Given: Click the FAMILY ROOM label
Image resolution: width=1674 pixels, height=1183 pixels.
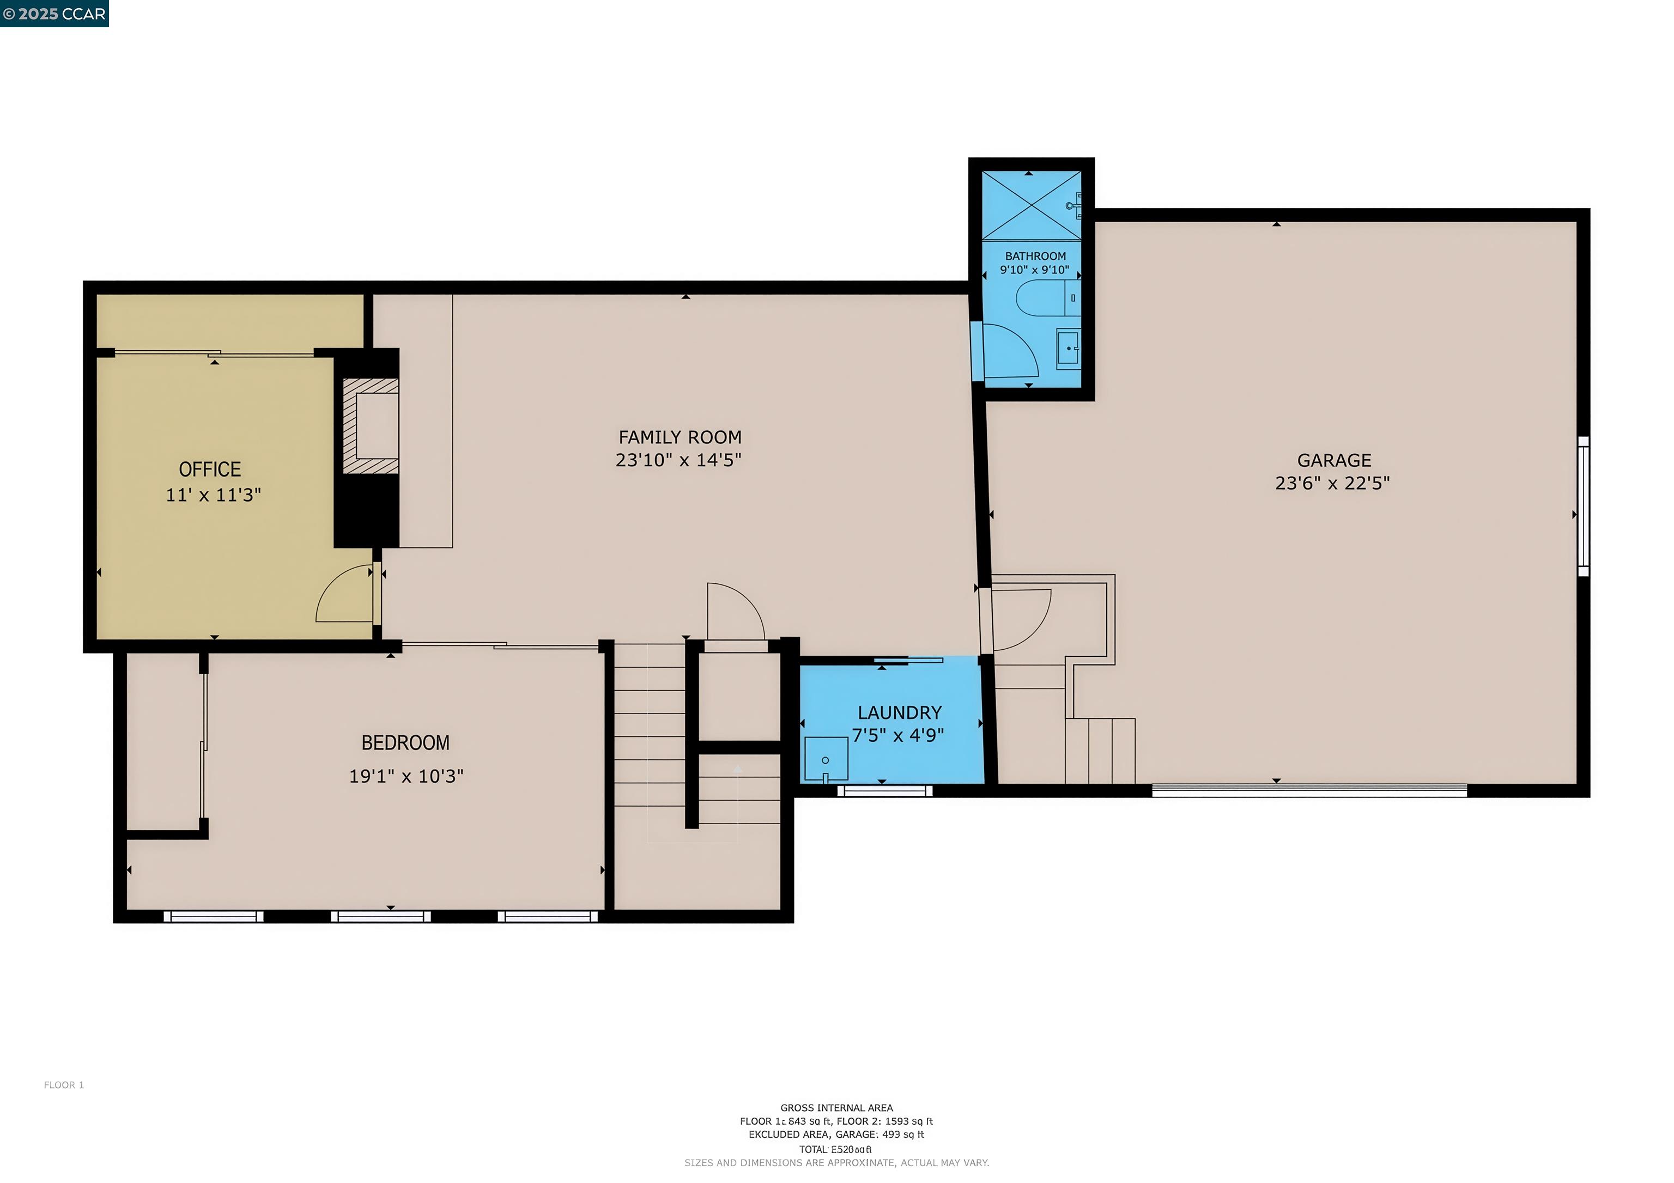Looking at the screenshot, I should point(680,437).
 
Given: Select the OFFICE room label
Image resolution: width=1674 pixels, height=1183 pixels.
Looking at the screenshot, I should point(210,469).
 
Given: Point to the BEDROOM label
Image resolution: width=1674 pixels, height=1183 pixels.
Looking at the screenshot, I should point(405,743).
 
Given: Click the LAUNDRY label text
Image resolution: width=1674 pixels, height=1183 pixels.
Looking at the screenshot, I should point(899,712).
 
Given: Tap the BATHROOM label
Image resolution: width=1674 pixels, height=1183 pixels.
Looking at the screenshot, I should point(1035,256).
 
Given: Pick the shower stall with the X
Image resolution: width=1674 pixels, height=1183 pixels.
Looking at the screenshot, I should point(1031,205).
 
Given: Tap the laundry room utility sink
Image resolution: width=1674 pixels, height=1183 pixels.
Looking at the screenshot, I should point(826,759).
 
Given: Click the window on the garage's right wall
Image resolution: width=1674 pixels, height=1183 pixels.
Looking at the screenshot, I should point(1583,507).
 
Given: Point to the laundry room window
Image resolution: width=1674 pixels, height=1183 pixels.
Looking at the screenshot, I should point(884,791).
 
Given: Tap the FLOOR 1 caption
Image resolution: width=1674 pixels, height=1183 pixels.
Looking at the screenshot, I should point(64,1086).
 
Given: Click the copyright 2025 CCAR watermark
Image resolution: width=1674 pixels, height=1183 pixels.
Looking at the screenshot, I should point(54,14).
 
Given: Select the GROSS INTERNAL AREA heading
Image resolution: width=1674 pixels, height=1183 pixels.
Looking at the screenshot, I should point(836,1108).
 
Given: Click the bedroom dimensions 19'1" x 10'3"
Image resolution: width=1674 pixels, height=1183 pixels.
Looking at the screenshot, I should point(406,776).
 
